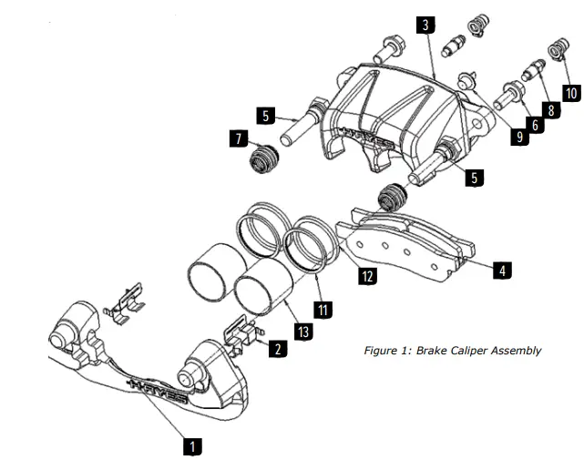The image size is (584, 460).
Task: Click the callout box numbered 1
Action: click(191, 446)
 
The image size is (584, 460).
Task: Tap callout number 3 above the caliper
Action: click(425, 25)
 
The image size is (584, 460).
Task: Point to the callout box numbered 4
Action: click(501, 270)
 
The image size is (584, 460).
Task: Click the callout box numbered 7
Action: click(240, 138)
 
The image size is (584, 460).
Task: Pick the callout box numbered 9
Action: click(518, 137)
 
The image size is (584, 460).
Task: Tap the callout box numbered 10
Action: click(571, 93)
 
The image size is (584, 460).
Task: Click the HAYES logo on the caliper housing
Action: click(364, 136)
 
